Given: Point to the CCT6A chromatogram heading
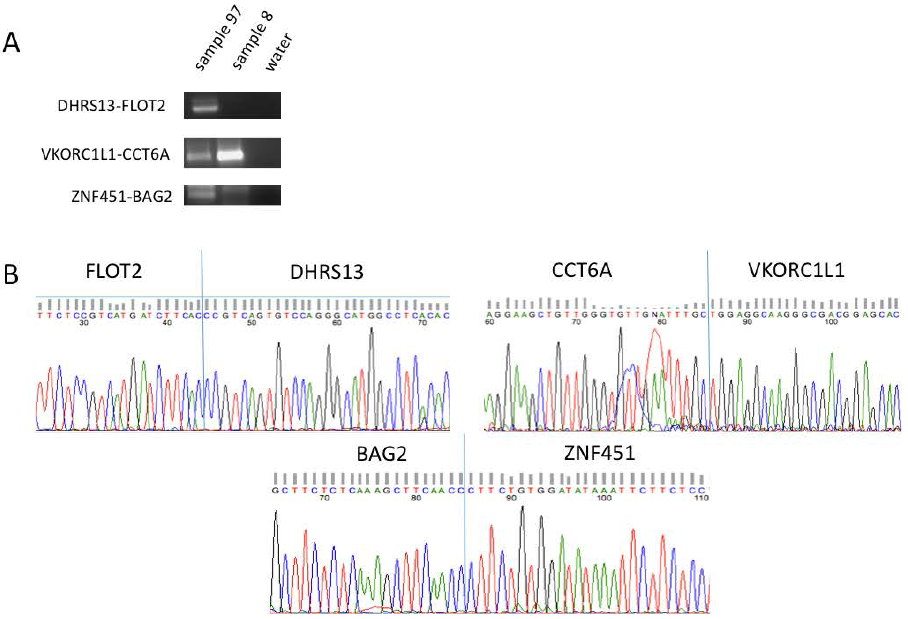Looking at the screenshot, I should pos(581,270).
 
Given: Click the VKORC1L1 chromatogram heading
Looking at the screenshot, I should pos(796,270).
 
